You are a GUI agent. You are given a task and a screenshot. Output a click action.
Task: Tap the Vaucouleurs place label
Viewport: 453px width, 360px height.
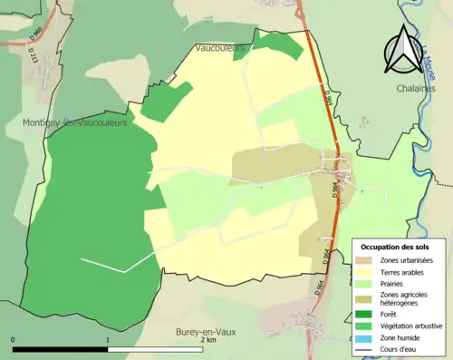[x=220, y=47]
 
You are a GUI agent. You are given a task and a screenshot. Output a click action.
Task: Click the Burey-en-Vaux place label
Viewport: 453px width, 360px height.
[x=206, y=333]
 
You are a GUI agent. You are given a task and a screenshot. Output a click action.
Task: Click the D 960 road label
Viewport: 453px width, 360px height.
[x=37, y=35]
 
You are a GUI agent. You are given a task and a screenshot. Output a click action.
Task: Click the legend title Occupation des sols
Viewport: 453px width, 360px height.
[x=395, y=247]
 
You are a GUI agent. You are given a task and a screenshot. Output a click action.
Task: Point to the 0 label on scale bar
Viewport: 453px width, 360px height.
[x=13, y=341]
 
